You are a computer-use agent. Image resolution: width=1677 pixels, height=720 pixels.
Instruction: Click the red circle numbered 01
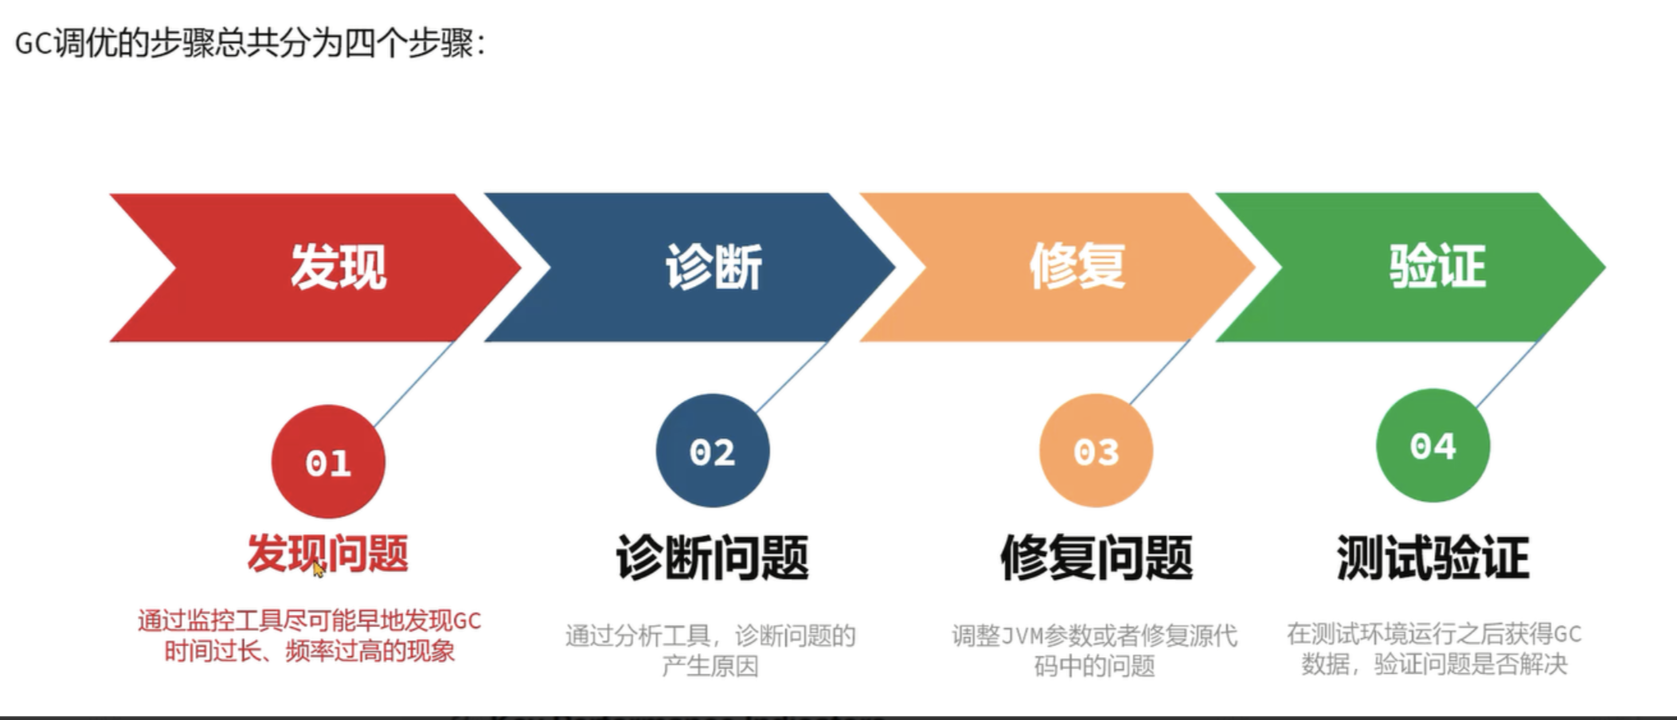(328, 462)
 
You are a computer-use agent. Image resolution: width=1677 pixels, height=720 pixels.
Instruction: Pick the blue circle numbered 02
(713, 451)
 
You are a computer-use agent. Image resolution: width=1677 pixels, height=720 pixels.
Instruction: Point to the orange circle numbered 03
(1096, 451)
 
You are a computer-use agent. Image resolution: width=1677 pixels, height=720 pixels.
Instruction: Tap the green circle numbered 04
(1433, 445)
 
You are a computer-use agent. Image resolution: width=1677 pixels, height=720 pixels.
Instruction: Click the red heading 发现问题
(327, 554)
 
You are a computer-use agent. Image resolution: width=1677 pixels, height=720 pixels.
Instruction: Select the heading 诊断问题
(713, 558)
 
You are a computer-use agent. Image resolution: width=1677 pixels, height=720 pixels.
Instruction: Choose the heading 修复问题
(1096, 558)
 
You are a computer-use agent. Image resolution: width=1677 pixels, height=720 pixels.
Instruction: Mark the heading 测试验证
(1433, 558)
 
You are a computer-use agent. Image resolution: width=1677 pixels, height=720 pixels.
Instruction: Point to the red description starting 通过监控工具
(309, 636)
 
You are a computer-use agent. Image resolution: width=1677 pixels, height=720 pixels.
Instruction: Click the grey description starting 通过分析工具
(710, 650)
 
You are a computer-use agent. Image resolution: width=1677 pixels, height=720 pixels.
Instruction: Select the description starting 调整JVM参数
(1095, 650)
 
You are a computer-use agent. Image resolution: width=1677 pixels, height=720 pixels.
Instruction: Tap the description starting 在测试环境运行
(1434, 648)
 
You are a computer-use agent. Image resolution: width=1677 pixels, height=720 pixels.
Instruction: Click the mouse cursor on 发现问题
(318, 569)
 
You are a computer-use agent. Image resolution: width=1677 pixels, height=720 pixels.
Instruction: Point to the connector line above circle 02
(792, 377)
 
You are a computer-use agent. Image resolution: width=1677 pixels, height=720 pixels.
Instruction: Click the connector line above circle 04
(1507, 374)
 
